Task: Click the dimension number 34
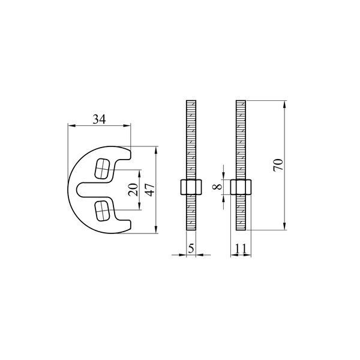pyautogui.click(x=99, y=119)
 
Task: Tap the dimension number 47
pyautogui.click(x=151, y=190)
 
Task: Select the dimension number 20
pyautogui.click(x=133, y=190)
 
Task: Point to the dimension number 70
pyautogui.click(x=278, y=165)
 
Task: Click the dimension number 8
pyautogui.click(x=217, y=187)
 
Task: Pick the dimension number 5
pyautogui.click(x=191, y=248)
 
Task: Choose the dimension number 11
pyautogui.click(x=241, y=248)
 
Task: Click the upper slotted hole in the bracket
pyautogui.click(x=102, y=169)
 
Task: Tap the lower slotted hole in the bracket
pyautogui.click(x=102, y=211)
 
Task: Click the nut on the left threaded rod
pyautogui.click(x=191, y=187)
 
